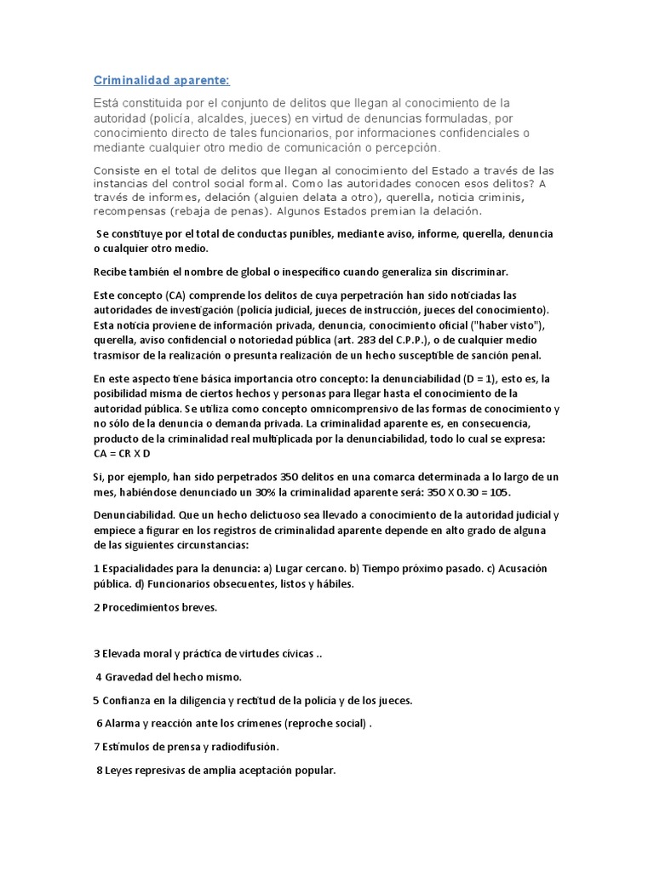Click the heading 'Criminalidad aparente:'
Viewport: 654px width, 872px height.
tap(161, 81)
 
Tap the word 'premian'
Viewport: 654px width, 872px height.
tap(381, 210)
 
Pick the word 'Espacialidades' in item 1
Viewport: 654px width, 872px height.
tap(140, 569)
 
